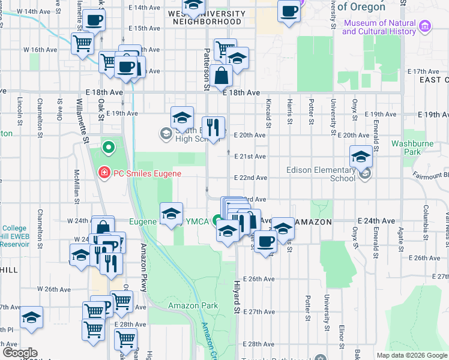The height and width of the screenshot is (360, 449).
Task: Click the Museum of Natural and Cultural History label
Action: point(379,28)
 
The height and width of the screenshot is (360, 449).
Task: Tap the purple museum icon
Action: point(426,26)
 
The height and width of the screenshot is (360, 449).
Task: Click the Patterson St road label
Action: point(207,68)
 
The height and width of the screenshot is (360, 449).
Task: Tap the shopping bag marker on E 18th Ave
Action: point(221,76)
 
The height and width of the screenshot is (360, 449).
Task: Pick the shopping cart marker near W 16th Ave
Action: point(82,43)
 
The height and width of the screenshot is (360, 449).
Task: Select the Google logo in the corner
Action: point(20,353)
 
